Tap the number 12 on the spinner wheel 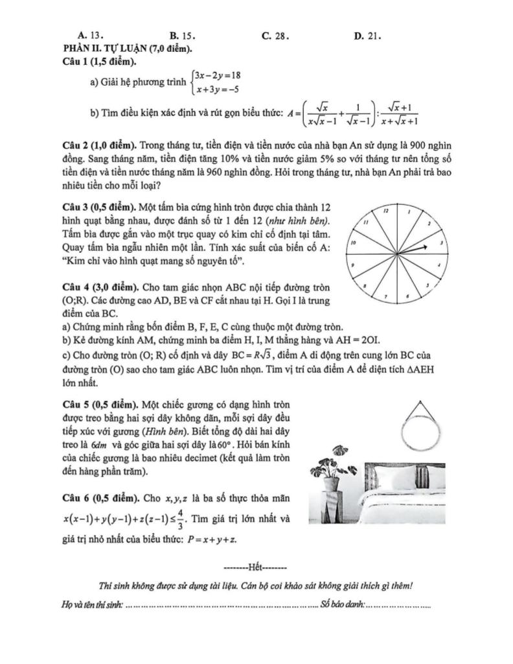coord(386,211)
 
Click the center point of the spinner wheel coord(398,253)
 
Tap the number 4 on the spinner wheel coord(439,265)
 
